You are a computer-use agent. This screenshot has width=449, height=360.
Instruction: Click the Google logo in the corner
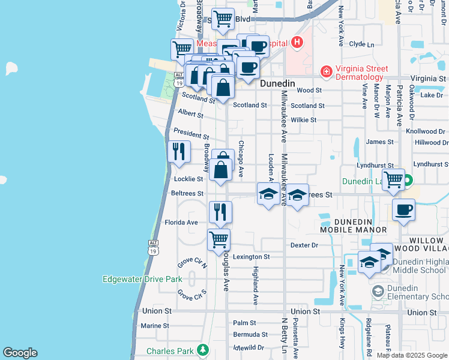pyautogui.click(x=20, y=352)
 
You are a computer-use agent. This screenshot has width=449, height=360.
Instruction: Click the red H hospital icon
pyautogui.click(x=297, y=43)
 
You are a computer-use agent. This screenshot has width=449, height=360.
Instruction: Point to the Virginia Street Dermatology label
pyautogui.click(x=360, y=73)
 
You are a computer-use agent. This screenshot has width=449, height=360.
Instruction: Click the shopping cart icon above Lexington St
pyautogui.click(x=219, y=239)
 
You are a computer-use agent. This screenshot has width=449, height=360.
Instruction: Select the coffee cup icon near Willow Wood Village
pyautogui.click(x=403, y=210)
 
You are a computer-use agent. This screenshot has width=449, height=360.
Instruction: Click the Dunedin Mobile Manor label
pyautogui.click(x=353, y=226)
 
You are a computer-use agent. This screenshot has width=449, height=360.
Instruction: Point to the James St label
pyautogui.click(x=379, y=142)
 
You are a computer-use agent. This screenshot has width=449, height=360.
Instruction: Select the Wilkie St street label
pyautogui.click(x=303, y=120)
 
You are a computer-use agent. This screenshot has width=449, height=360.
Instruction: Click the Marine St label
pyautogui.click(x=155, y=326)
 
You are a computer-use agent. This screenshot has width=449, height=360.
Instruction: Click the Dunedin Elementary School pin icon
pyautogui.click(x=378, y=291)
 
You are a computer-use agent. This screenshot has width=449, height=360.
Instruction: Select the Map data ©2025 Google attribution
pyautogui.click(x=412, y=355)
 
